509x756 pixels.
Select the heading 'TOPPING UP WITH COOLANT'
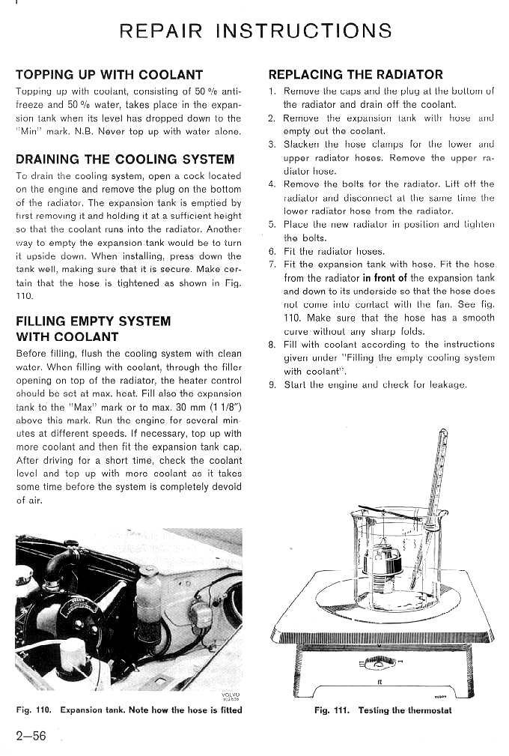109,75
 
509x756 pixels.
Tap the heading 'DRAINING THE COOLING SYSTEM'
125,159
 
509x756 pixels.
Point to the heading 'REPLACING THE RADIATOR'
356,75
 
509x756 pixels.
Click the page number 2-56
31,736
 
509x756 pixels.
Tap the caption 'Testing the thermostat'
405,710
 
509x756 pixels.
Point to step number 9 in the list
272,385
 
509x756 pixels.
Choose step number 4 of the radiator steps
272,184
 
